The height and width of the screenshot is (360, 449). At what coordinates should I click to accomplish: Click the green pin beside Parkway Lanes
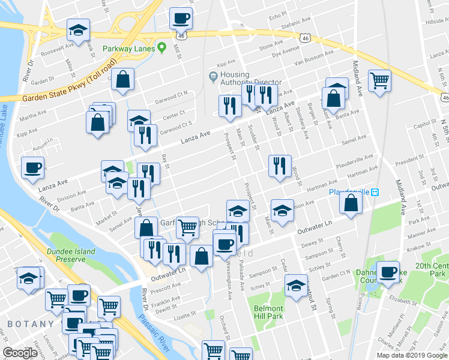tap(161, 48)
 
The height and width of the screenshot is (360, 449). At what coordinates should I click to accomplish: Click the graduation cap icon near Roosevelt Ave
tap(77, 30)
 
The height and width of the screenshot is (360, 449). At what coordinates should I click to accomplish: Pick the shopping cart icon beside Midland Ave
tap(379, 80)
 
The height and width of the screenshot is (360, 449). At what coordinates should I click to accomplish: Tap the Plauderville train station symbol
tap(375, 192)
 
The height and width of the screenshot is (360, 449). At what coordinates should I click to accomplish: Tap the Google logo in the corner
tap(20, 353)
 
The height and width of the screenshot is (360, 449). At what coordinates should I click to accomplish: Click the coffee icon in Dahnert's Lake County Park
tap(388, 271)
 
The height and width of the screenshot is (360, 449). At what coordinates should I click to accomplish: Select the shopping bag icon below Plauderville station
tap(351, 202)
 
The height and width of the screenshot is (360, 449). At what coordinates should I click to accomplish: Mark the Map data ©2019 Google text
tap(411, 355)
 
